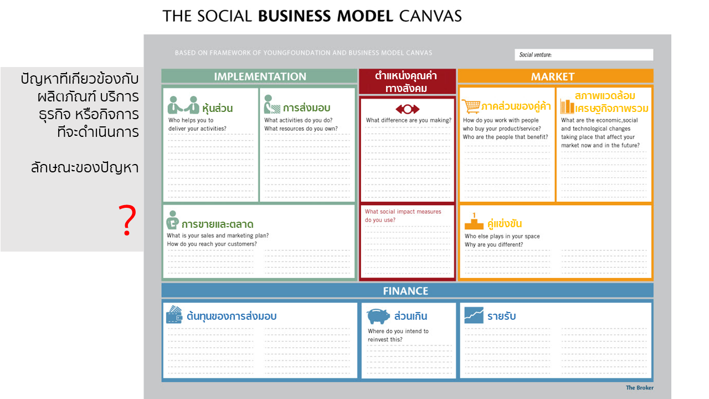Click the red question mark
(x=127, y=220)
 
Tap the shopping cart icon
(x=471, y=106)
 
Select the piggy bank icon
(x=378, y=316)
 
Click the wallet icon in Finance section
(x=174, y=314)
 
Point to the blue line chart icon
(x=474, y=315)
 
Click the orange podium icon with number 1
(x=474, y=221)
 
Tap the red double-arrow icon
(x=407, y=109)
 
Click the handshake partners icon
(x=183, y=105)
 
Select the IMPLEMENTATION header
(x=260, y=76)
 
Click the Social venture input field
(x=584, y=55)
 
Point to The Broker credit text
(x=639, y=387)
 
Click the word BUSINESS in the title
(x=295, y=16)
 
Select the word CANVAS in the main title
(x=430, y=16)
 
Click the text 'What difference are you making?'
(x=409, y=120)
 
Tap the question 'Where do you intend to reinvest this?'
(x=398, y=335)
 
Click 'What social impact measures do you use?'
(x=403, y=216)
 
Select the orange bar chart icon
(x=567, y=106)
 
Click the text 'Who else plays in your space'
(x=502, y=236)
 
